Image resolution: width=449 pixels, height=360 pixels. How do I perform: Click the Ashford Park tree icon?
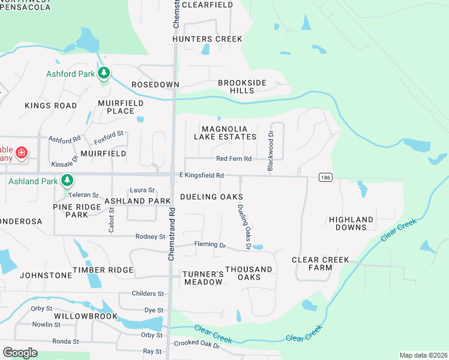[x=104, y=73]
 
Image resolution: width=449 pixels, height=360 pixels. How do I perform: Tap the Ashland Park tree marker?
[x=67, y=180]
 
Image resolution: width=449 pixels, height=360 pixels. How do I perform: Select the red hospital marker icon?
[x=22, y=153]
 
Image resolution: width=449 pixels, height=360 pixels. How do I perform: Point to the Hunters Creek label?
[x=207, y=39]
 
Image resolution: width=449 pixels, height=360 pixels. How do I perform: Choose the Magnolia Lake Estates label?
[x=225, y=133]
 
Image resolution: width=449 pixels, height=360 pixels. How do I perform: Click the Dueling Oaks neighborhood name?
[x=211, y=197]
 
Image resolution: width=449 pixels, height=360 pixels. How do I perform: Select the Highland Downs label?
[x=351, y=223]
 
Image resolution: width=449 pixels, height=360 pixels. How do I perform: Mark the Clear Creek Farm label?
[x=320, y=263]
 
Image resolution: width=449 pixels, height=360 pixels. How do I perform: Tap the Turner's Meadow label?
[x=203, y=278]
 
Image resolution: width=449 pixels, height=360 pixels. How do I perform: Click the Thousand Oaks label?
[x=249, y=273]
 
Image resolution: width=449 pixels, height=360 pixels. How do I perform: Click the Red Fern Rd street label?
[x=234, y=158]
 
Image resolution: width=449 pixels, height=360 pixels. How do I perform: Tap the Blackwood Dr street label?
[x=270, y=152]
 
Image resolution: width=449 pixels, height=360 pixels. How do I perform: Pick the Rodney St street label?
[x=150, y=237]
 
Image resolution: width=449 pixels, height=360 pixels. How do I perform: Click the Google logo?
[x=20, y=353]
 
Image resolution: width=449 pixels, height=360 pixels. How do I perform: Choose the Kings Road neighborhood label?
[x=50, y=106]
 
